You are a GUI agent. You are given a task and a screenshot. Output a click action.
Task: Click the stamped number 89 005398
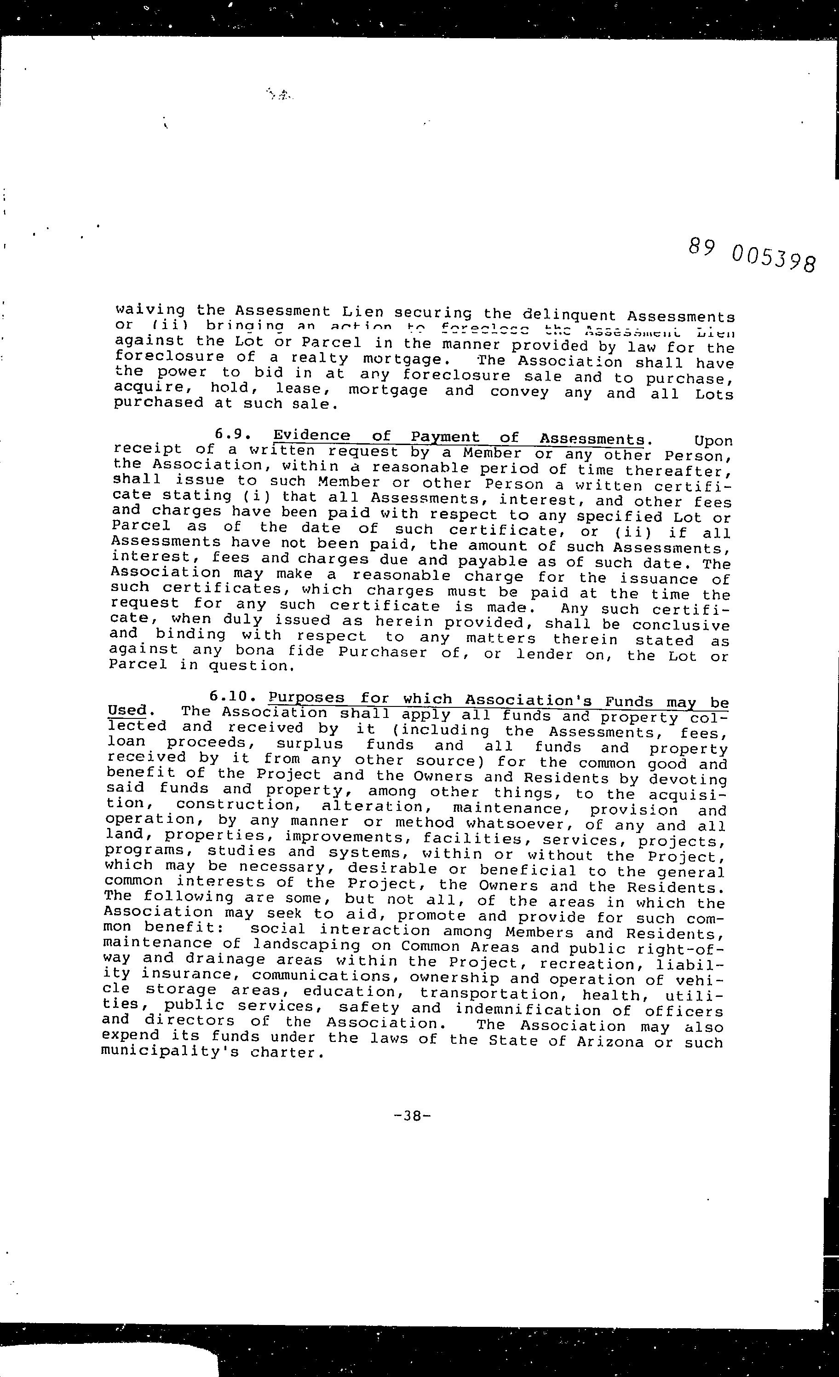pos(752,255)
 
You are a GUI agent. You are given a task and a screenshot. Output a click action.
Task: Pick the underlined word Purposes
pos(305,697)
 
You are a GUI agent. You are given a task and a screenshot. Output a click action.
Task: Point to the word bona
pos(255,650)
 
